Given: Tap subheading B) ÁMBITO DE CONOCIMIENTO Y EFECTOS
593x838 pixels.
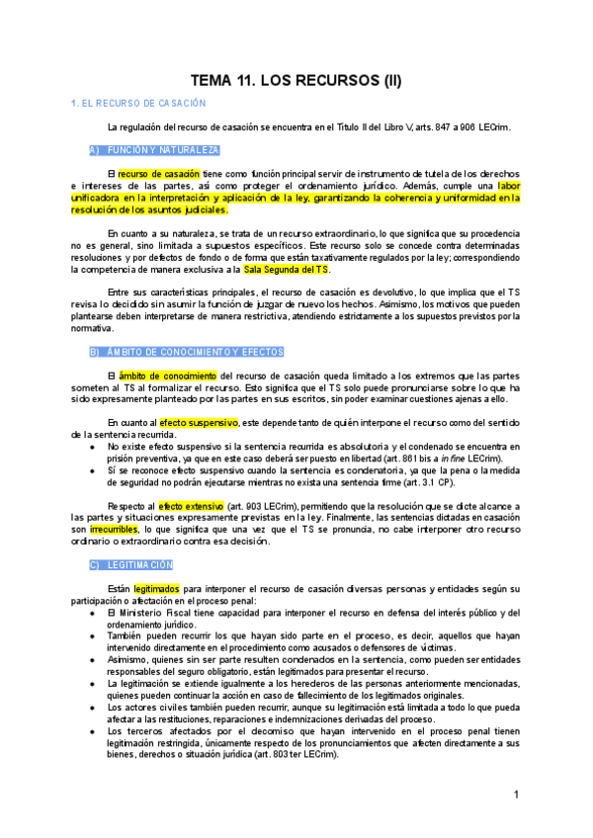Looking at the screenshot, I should click(173, 352).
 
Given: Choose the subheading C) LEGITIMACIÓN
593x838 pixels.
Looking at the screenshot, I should click(130, 564).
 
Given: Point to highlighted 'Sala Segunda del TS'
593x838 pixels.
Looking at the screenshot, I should click(287, 269).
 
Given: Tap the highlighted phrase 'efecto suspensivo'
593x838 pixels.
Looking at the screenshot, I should click(199, 423).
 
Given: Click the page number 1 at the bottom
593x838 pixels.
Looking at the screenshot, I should click(516, 796).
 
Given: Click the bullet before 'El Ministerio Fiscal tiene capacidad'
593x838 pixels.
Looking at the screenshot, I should click(93, 613).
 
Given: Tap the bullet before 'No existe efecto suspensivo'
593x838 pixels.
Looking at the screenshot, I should click(93, 447).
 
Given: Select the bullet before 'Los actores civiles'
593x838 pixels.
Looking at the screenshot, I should click(93, 708).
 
